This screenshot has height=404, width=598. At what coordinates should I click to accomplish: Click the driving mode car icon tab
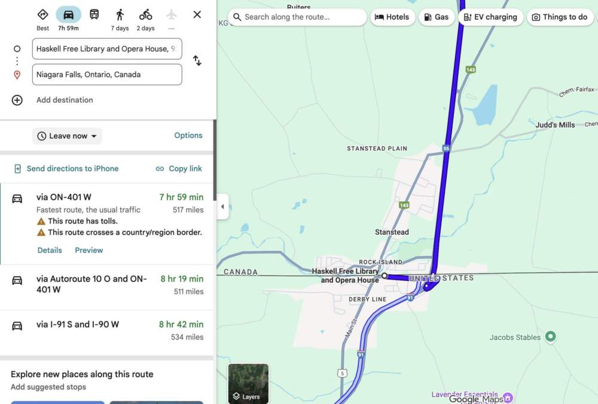coord(69,15)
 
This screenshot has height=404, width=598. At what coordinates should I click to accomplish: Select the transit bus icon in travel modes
coord(94,15)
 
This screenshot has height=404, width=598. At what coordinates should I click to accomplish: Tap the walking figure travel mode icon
coord(120,15)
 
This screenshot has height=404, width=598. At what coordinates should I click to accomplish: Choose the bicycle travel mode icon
coord(145,15)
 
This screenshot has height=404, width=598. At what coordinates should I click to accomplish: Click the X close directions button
coord(197,14)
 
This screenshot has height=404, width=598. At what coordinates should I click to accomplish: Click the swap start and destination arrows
coord(197,60)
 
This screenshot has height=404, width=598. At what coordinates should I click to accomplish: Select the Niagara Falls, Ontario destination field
coord(107,75)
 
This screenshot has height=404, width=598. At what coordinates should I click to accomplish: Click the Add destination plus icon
coord(17,100)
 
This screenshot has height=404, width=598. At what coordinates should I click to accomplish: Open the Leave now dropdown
coord(67,136)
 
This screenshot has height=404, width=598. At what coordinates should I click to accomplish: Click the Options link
coord(188,136)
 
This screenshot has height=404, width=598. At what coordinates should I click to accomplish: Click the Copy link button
coord(179,169)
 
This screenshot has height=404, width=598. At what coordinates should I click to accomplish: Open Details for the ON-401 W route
coord(50,250)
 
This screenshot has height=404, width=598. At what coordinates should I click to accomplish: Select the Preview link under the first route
coord(89,250)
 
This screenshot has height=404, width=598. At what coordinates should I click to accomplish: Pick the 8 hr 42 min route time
coord(181,325)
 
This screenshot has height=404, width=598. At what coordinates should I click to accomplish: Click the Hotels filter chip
coord(392,17)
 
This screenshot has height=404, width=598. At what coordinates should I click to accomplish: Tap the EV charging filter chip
coord(490,17)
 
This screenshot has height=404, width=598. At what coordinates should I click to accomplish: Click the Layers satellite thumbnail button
coord(248,383)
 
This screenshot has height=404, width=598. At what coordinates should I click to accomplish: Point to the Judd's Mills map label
coord(555,125)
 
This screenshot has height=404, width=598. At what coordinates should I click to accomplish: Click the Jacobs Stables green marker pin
coord(551,337)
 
